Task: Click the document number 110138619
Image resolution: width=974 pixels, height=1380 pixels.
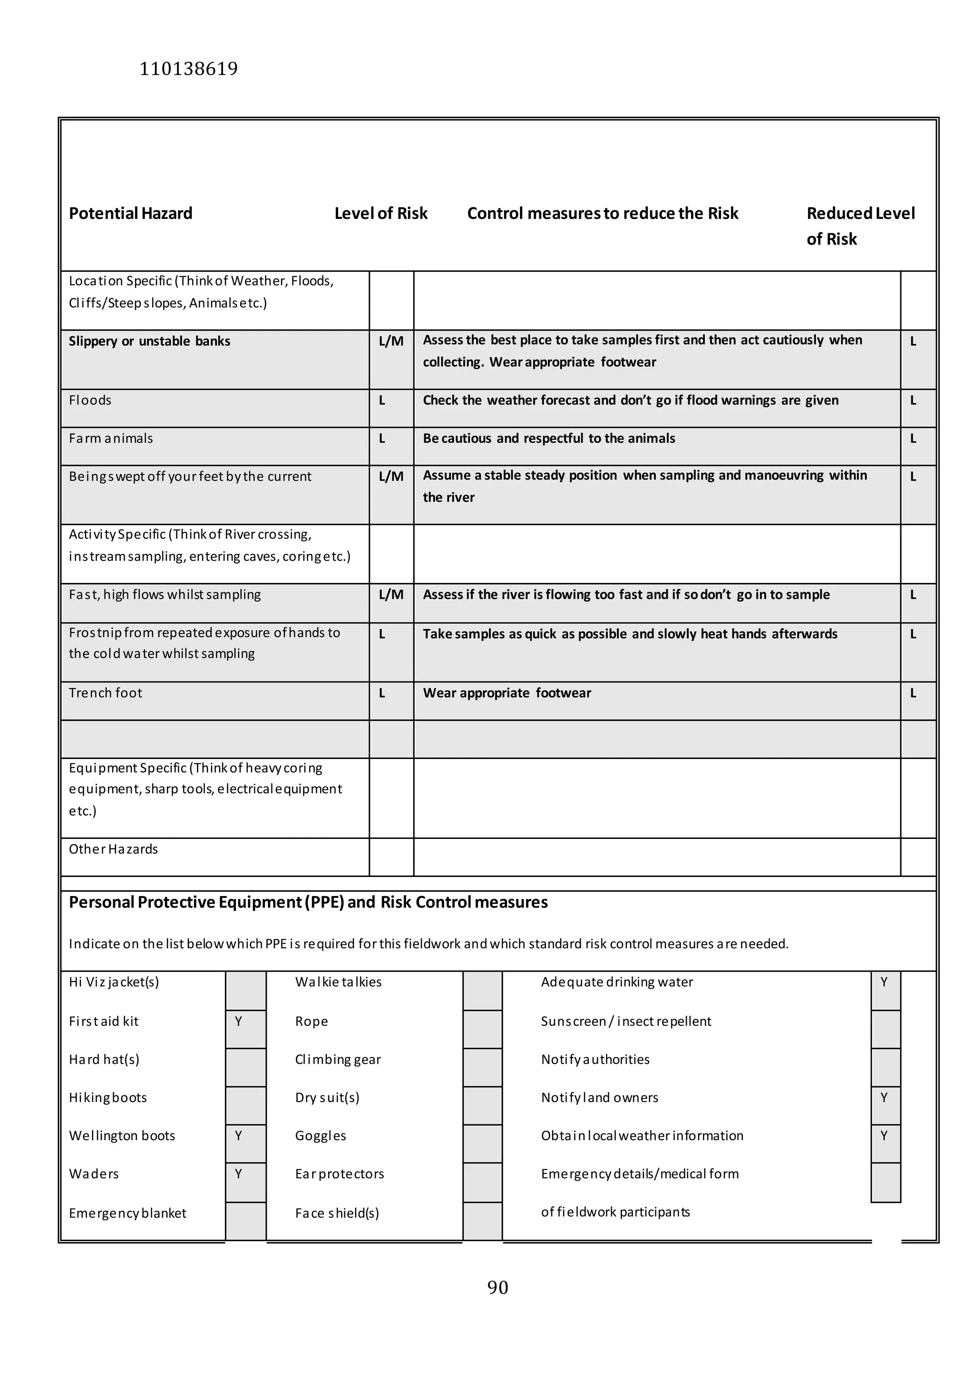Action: click(189, 69)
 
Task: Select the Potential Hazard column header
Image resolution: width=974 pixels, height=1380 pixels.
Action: click(130, 213)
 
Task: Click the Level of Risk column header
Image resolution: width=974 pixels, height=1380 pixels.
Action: click(380, 213)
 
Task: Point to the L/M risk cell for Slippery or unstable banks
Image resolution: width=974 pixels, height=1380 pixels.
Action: click(390, 341)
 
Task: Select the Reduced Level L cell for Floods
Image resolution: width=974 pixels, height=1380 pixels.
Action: click(913, 401)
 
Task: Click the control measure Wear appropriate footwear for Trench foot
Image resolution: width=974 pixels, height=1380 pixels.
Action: click(506, 693)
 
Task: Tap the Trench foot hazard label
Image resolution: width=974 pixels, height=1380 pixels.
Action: click(105, 693)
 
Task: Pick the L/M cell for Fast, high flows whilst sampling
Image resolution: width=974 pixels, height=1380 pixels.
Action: click(390, 595)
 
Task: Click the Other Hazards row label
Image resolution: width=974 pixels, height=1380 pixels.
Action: click(113, 849)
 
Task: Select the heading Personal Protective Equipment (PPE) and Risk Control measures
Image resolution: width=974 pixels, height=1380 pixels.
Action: click(308, 902)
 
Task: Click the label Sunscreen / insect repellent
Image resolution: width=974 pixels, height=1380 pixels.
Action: click(625, 1022)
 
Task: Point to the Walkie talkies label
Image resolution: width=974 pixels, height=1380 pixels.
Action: click(338, 982)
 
